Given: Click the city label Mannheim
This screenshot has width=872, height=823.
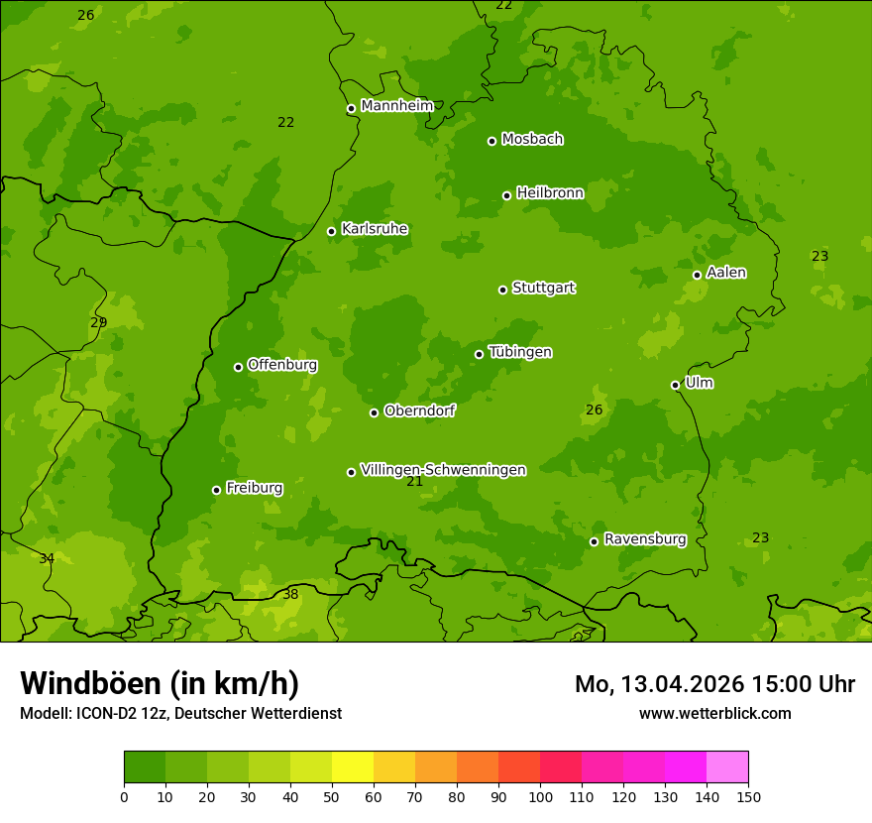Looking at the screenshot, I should click(x=396, y=106).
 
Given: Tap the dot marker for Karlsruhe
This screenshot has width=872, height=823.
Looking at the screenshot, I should click(x=331, y=231).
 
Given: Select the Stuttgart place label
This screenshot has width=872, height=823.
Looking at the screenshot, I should click(x=543, y=289).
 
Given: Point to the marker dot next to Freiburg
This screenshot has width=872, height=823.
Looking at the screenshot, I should click(x=216, y=490).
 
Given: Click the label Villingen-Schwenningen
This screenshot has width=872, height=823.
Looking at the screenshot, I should click(x=443, y=470).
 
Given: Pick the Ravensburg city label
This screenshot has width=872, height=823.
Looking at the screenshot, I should click(x=645, y=539).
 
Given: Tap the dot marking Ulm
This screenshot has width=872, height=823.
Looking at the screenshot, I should click(x=675, y=385).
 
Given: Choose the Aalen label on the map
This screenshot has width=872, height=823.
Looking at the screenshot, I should click(x=726, y=273).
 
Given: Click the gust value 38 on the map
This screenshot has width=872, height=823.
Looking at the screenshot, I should click(x=290, y=595).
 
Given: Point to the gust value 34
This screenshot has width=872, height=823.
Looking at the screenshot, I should click(x=47, y=559).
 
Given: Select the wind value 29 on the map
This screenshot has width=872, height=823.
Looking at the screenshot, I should click(x=99, y=323).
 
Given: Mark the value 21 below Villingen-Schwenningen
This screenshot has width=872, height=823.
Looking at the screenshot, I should click(x=414, y=482).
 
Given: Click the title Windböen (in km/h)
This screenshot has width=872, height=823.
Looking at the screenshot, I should click(x=160, y=683).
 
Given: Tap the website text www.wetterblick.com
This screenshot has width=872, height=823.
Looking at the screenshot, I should click(x=714, y=713).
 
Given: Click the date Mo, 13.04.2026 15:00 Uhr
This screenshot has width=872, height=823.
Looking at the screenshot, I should click(x=714, y=684).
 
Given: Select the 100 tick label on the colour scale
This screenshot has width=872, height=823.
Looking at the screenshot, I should click(x=540, y=796).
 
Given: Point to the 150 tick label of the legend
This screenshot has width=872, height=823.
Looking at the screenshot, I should click(x=748, y=796).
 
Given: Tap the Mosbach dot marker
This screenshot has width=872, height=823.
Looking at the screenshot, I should click(x=491, y=141).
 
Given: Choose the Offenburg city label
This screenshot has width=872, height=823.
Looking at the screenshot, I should click(x=282, y=365).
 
